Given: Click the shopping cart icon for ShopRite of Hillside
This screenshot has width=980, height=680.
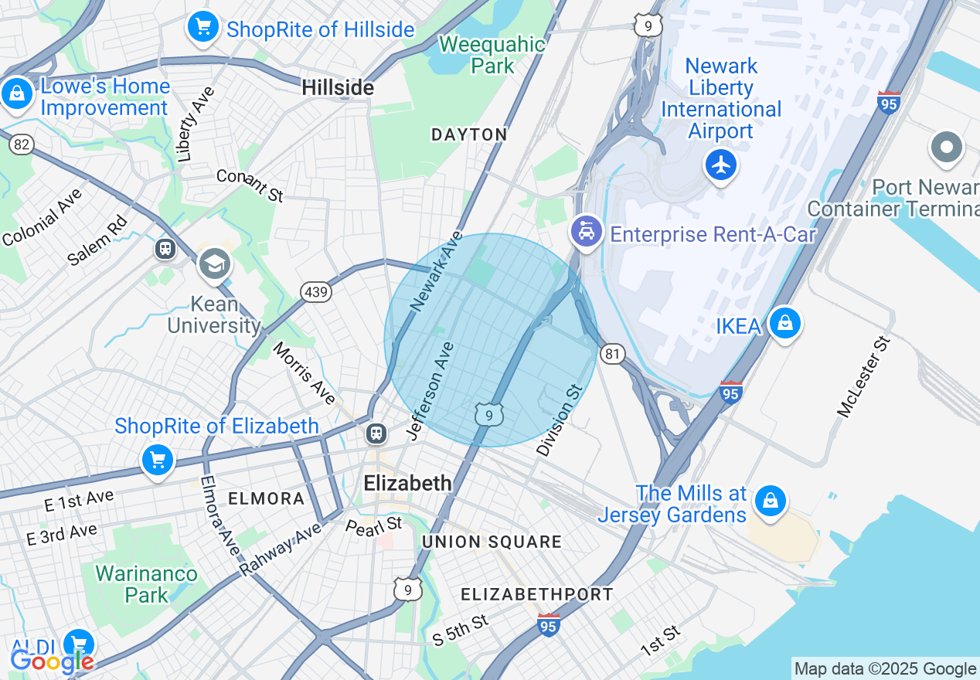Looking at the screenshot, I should [202, 28].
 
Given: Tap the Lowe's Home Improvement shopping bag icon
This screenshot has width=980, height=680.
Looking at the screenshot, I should [16, 93].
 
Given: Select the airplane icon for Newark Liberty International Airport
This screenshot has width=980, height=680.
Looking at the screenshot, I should [720, 165].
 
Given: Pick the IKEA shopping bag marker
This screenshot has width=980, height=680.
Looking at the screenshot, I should [784, 323].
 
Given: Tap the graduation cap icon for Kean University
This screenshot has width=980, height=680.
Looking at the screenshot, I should [215, 264].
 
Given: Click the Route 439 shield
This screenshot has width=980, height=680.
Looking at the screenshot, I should [317, 292].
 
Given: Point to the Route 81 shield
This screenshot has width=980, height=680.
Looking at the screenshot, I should [612, 354].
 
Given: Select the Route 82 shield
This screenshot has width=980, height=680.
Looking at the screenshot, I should [22, 144].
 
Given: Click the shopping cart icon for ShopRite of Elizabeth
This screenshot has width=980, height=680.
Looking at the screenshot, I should [158, 461].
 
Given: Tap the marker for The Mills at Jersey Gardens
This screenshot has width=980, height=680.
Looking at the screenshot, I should [770, 501].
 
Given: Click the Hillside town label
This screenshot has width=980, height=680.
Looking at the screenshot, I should [338, 88].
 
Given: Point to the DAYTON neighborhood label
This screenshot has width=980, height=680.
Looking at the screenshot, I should [469, 134].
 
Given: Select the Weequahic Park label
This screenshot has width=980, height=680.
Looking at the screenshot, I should [492, 55].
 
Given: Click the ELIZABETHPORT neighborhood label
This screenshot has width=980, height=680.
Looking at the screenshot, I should [536, 594].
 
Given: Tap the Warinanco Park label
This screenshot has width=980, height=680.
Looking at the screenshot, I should [146, 584].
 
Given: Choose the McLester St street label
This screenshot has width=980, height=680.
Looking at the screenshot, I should [864, 376].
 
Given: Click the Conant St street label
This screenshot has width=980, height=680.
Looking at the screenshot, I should [250, 185].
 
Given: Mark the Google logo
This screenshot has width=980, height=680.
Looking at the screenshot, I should [52, 661].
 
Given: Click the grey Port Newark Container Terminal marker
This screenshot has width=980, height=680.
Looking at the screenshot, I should [946, 147].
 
